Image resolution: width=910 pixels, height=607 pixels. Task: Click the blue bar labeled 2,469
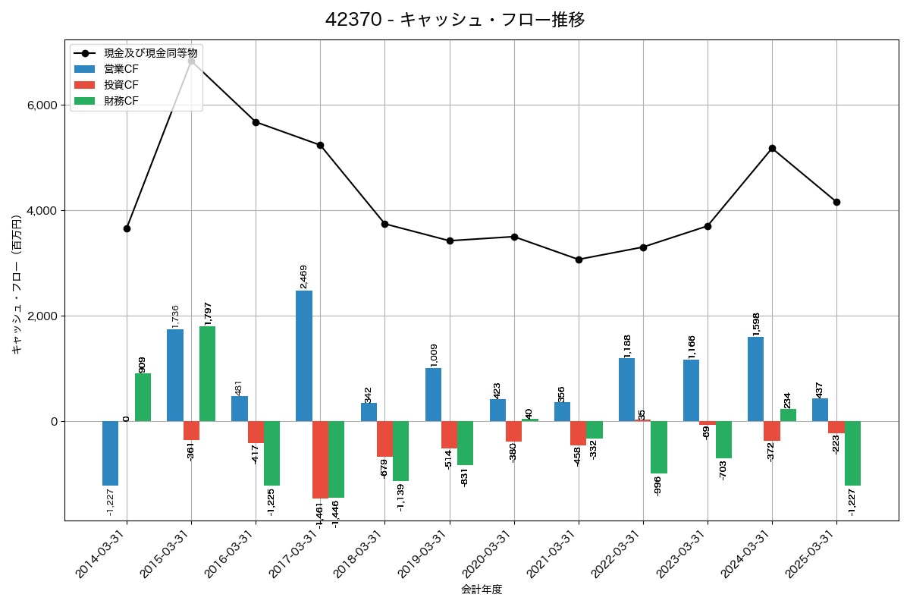[x=304, y=356]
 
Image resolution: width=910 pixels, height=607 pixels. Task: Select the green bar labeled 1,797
[x=207, y=373]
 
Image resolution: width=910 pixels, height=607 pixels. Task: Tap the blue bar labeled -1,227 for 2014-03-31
[x=110, y=453]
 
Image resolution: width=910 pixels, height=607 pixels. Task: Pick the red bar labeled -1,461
[x=320, y=460]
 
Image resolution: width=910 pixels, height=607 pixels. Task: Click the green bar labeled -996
[x=659, y=447]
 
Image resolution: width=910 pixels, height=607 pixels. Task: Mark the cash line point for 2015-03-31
[x=191, y=60]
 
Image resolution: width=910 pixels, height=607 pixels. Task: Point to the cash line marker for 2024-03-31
[x=772, y=148]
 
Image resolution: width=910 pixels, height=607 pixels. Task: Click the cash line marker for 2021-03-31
[x=579, y=259]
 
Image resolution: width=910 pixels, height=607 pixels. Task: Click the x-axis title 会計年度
[x=482, y=590]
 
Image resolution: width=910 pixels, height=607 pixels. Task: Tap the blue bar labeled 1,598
[x=755, y=379]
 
